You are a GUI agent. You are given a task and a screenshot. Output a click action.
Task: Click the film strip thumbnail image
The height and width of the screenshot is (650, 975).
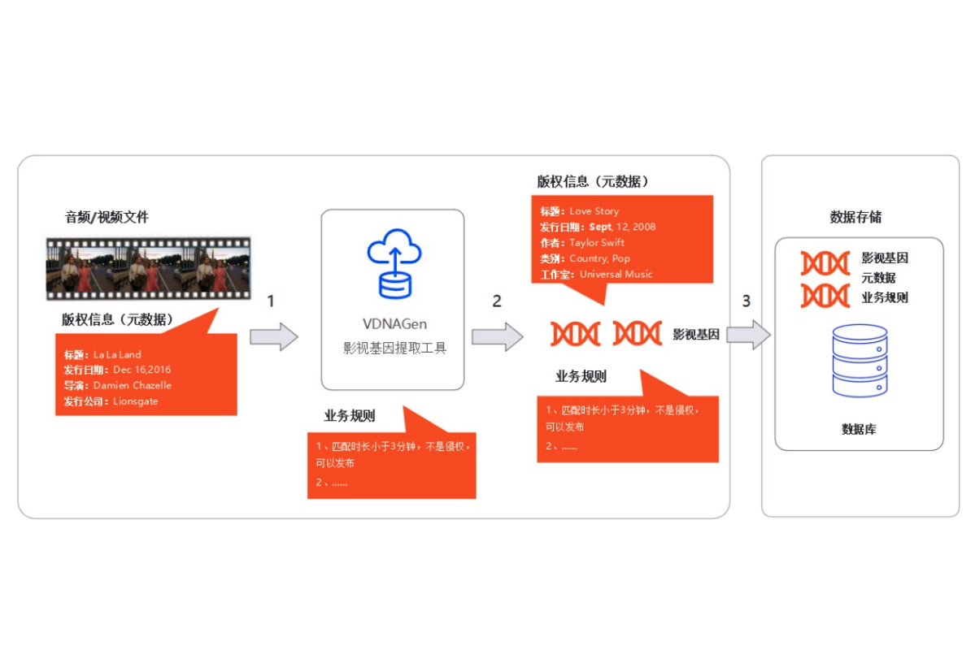pyautogui.click(x=148, y=264)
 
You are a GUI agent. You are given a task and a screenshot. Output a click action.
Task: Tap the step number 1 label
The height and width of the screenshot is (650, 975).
pyautogui.click(x=271, y=301)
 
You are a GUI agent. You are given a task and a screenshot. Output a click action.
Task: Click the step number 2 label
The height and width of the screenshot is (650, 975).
pyautogui.click(x=497, y=301)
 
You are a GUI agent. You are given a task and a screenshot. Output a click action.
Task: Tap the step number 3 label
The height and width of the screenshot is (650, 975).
pyautogui.click(x=746, y=301)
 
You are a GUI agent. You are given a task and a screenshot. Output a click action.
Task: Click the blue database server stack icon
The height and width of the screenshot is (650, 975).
pyautogui.click(x=859, y=362)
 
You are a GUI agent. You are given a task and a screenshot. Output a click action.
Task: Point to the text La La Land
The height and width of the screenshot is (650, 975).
pyautogui.click(x=117, y=354)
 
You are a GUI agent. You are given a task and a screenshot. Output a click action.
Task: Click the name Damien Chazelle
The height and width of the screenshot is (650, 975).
pyautogui.click(x=133, y=385)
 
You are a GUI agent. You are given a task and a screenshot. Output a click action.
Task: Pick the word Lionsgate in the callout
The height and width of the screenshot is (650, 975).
pyautogui.click(x=136, y=401)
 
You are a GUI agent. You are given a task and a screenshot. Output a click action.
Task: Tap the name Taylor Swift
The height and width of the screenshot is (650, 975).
pyautogui.click(x=597, y=242)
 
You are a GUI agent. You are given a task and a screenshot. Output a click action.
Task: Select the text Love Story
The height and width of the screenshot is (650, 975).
pyautogui.click(x=594, y=211)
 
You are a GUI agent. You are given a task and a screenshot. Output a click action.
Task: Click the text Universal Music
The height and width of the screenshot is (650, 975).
pyautogui.click(x=616, y=275)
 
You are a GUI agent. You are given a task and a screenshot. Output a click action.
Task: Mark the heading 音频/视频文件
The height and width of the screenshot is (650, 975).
pyautogui.click(x=107, y=218)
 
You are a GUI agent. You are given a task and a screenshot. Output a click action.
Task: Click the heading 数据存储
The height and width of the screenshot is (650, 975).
pyautogui.click(x=855, y=217)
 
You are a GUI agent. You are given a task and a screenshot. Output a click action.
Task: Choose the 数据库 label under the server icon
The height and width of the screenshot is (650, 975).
pyautogui.click(x=859, y=429)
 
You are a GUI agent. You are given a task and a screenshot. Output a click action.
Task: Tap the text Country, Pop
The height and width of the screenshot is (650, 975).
pyautogui.click(x=599, y=258)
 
